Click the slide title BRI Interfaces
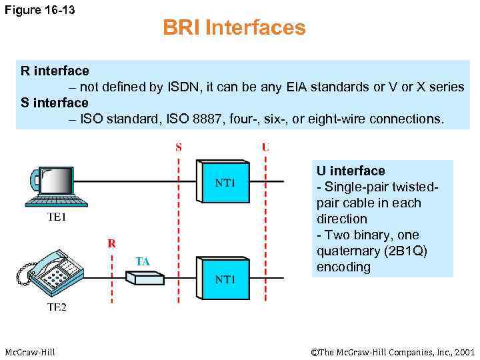234,28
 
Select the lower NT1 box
224,279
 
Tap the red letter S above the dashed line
179,147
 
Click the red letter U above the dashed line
265,147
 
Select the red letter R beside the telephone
112,243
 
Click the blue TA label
143,261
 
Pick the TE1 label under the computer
57,217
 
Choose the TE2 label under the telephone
57,307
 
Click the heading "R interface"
55,71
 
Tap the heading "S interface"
55,103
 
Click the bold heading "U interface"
351,171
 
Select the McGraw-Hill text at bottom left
30,352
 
